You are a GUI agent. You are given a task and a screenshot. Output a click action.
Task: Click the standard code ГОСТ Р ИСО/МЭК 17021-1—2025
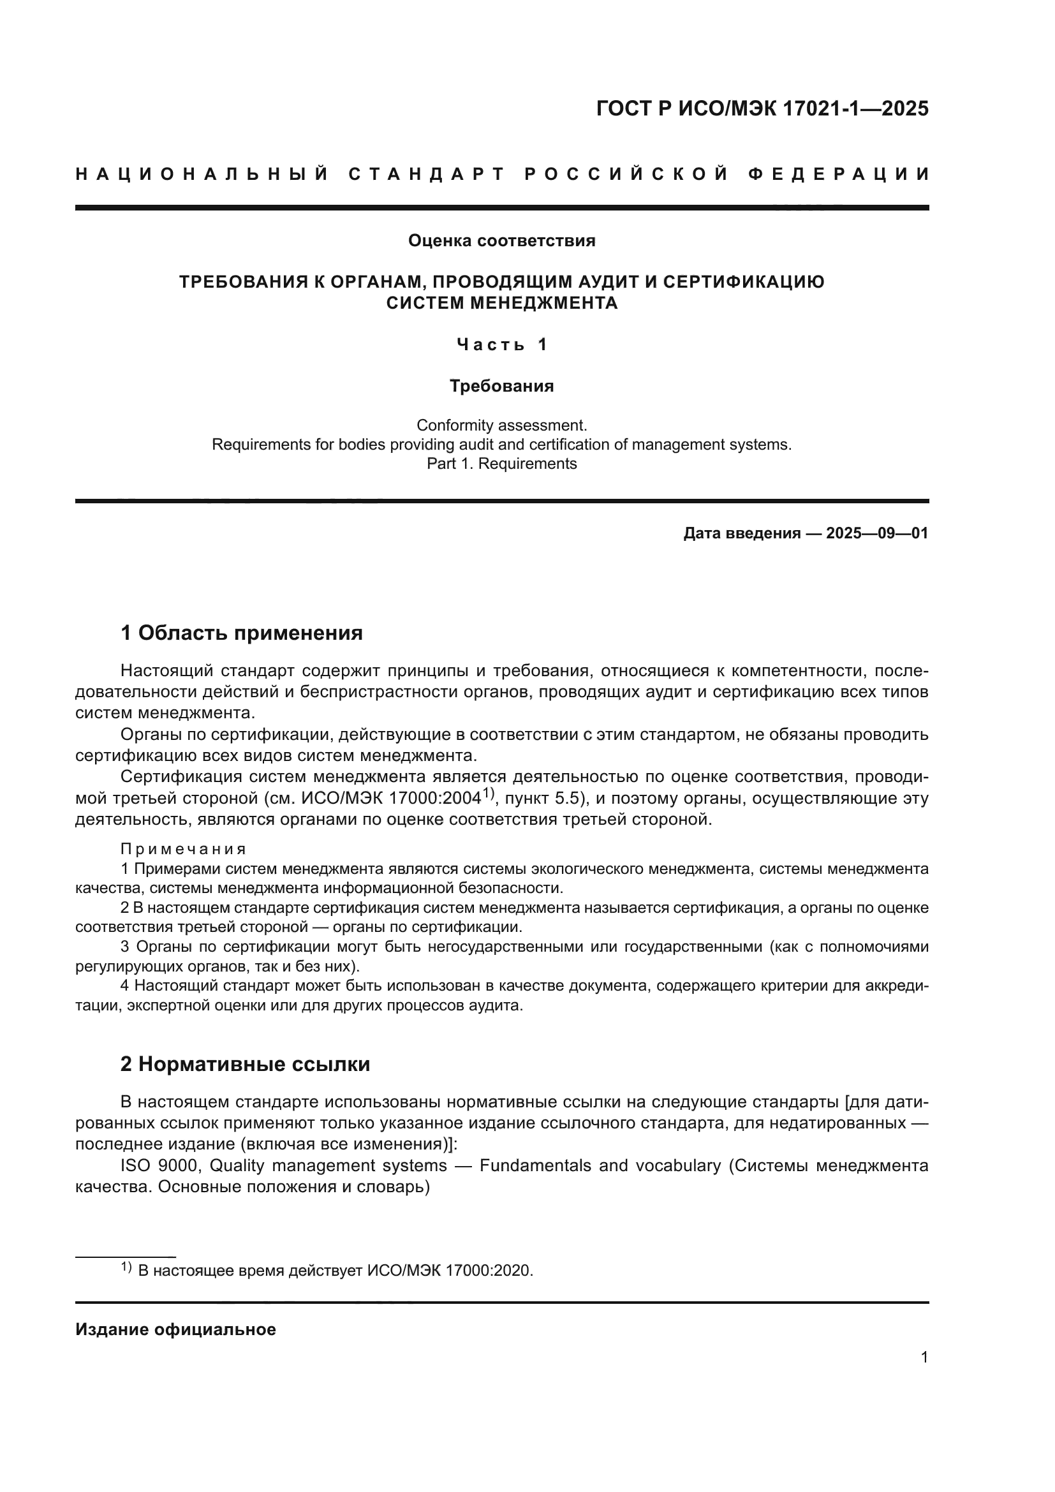[762, 109]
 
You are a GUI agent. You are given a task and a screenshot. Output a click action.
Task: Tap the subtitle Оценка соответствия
[501, 241]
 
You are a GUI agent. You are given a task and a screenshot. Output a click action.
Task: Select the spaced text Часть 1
[501, 344]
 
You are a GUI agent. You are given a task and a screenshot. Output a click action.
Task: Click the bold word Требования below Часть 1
[501, 386]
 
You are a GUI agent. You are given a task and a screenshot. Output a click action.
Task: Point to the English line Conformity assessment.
[501, 425]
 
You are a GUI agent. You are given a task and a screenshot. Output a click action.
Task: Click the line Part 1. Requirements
[501, 464]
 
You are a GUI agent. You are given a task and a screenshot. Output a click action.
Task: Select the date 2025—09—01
[877, 533]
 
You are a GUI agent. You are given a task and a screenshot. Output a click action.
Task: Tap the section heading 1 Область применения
[242, 632]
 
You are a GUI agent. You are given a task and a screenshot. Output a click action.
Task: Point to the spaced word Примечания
[184, 849]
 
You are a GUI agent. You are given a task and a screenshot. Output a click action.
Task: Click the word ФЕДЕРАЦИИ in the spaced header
[838, 175]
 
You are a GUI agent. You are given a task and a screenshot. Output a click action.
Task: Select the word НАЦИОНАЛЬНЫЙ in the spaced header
[202, 175]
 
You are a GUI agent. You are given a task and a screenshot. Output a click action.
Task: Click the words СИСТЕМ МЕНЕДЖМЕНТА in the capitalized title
[501, 304]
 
